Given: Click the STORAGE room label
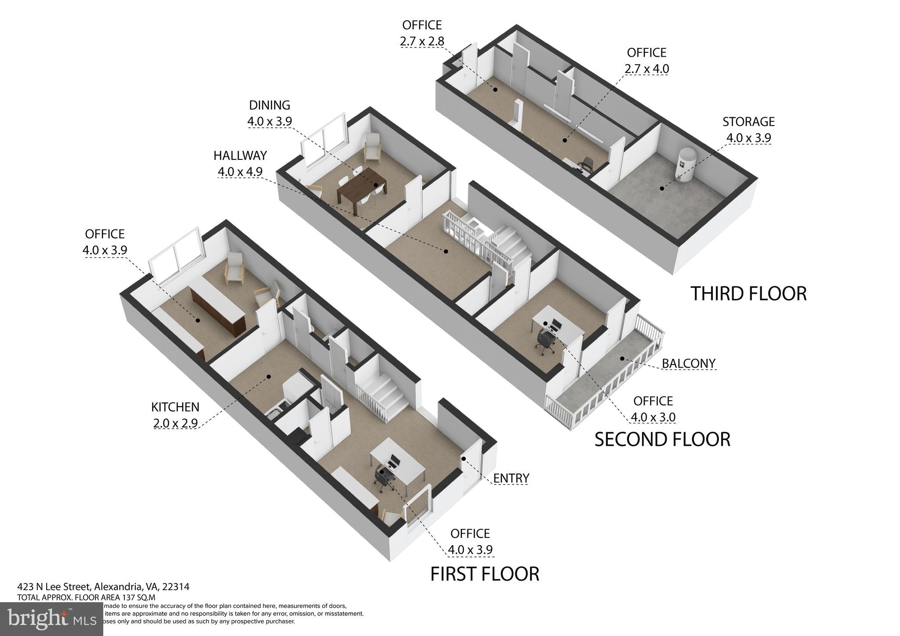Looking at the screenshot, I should pyautogui.click(x=748, y=121).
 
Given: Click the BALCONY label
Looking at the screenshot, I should pyautogui.click(x=688, y=364).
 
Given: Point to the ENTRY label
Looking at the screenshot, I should pyautogui.click(x=511, y=478).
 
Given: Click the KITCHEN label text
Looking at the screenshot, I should pyautogui.click(x=175, y=407).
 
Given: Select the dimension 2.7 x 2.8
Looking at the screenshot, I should pyautogui.click(x=422, y=41).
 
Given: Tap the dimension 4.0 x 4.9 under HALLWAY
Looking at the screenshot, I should pyautogui.click(x=240, y=172).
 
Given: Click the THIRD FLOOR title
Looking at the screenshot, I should pyautogui.click(x=748, y=293).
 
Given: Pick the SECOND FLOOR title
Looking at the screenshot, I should pyautogui.click(x=662, y=439).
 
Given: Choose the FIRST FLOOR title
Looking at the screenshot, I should pyautogui.click(x=484, y=574).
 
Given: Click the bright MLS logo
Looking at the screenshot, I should pyautogui.click(x=51, y=618).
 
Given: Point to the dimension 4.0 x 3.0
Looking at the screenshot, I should pyautogui.click(x=653, y=417).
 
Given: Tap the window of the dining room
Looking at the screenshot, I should pyautogui.click(x=323, y=140).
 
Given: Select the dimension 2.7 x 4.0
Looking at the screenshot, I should pyautogui.click(x=646, y=69).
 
